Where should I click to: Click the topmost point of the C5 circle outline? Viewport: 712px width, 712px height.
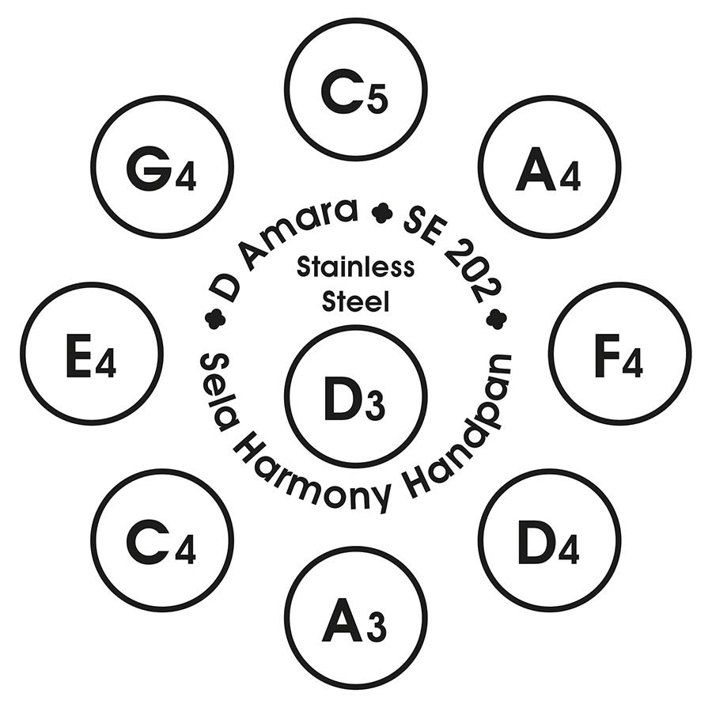(x=356, y=18)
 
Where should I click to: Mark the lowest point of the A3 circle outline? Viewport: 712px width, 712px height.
(x=356, y=688)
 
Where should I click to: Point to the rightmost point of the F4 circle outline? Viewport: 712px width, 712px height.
(x=691, y=354)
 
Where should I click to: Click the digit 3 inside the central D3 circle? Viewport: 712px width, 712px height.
(x=375, y=407)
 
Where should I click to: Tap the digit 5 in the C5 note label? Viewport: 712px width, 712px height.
(x=378, y=100)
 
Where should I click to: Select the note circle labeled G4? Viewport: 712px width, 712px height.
(x=162, y=167)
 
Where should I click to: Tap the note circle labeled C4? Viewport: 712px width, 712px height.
(x=162, y=541)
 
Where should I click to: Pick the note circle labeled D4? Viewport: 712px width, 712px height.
(x=550, y=541)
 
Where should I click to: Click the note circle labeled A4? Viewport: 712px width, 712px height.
(x=550, y=167)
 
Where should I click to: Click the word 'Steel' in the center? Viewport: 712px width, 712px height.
(x=356, y=301)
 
